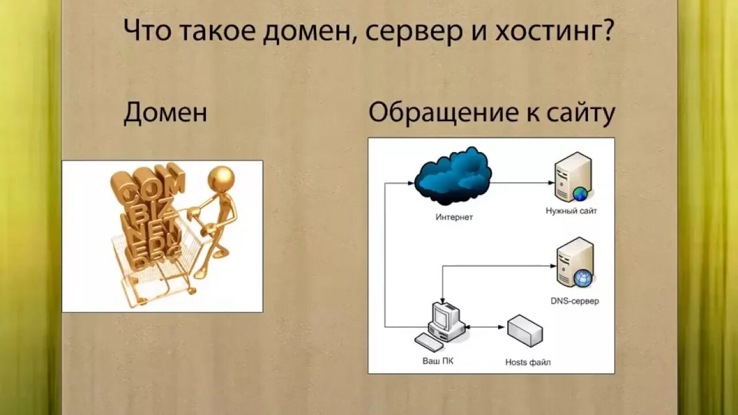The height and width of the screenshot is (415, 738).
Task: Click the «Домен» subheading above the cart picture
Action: [165, 113]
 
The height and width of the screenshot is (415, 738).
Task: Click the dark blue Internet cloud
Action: [453, 176]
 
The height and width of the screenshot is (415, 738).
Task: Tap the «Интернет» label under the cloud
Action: [454, 217]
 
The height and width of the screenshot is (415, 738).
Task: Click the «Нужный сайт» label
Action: [571, 211]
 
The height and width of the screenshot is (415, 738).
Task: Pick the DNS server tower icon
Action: [575, 263]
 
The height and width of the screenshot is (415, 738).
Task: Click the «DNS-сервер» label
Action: [575, 301]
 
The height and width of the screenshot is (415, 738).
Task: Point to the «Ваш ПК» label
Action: [438, 361]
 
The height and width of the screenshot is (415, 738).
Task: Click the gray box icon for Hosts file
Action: [525, 330]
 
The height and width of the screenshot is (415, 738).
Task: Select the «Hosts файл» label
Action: [528, 363]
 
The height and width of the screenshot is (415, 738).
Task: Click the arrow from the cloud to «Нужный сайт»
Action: [522, 183]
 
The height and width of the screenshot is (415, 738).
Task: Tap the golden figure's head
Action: [221, 178]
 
